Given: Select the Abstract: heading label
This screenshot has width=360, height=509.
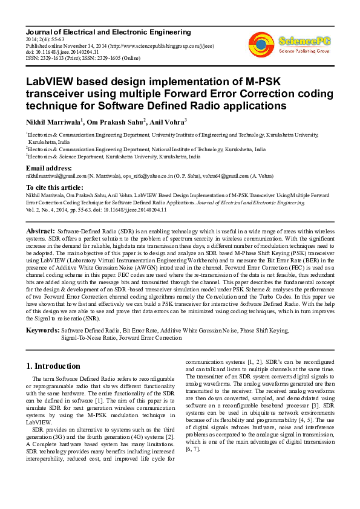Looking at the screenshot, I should point(41,232).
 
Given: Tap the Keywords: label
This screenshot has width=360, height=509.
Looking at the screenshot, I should point(42,331).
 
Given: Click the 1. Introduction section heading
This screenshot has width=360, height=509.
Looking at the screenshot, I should point(53,366).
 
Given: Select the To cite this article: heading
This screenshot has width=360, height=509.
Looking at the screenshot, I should point(54,187).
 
